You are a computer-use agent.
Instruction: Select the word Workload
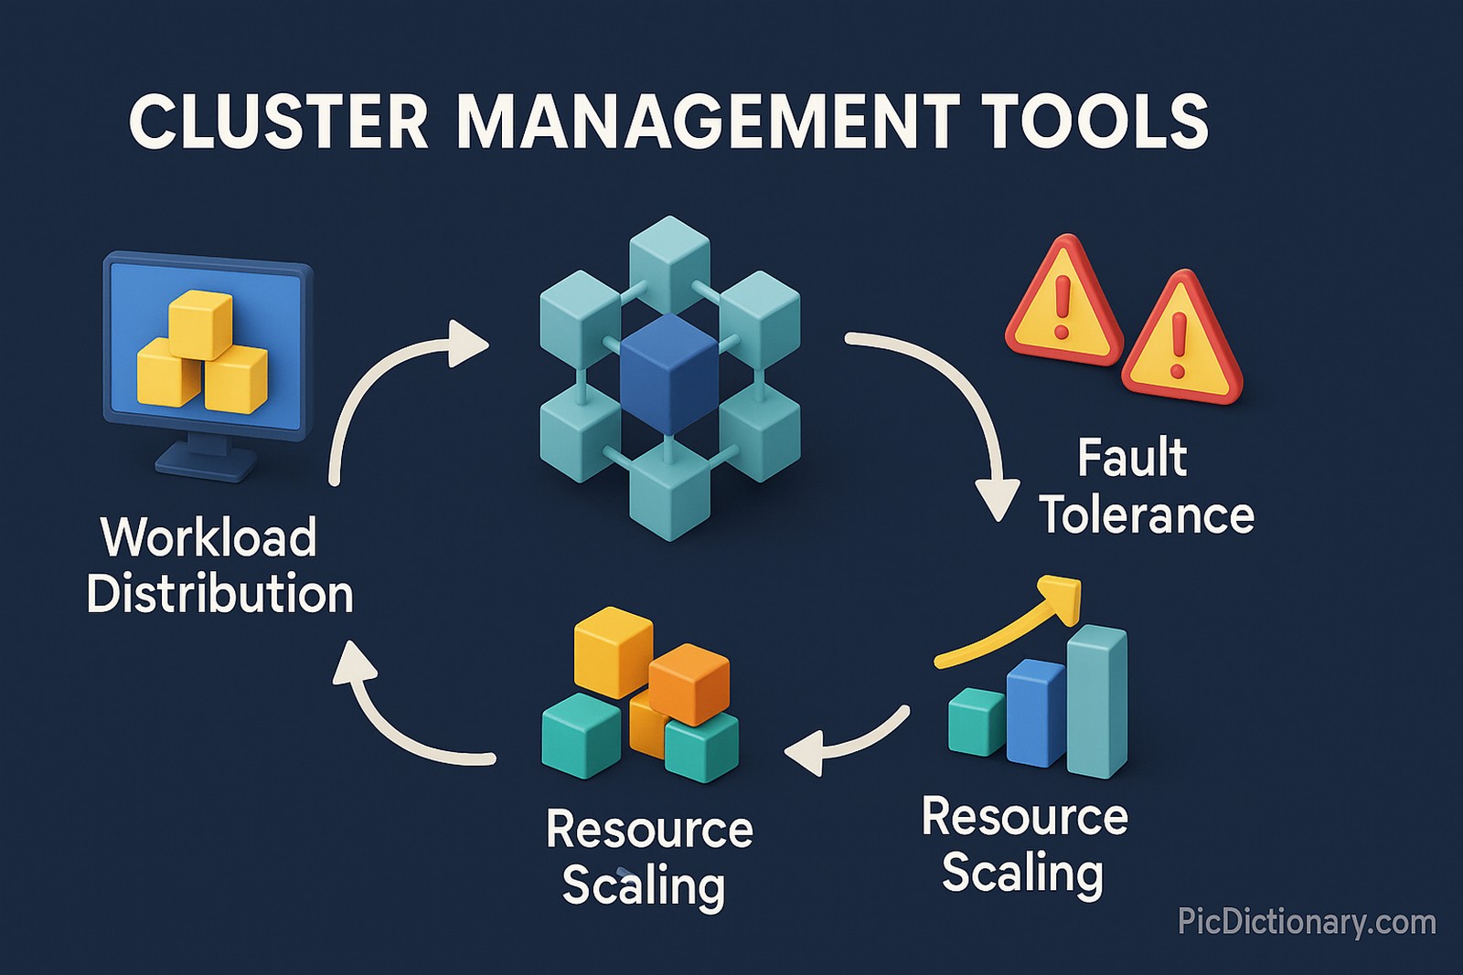point(208,537)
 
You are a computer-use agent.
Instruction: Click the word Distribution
point(219,594)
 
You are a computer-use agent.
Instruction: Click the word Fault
point(1131,458)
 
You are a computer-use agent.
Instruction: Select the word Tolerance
point(1147,515)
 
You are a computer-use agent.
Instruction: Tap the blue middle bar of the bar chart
point(1036,713)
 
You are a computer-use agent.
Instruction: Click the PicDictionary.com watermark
point(1307,921)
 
